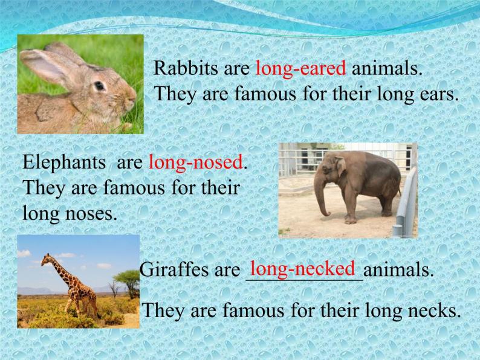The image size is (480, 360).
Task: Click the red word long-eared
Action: [301, 68]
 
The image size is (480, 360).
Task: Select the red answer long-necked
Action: [302, 268]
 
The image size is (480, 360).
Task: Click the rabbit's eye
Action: [99, 85]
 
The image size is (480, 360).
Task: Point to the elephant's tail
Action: [400, 193]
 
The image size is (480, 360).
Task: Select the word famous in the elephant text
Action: [134, 188]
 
